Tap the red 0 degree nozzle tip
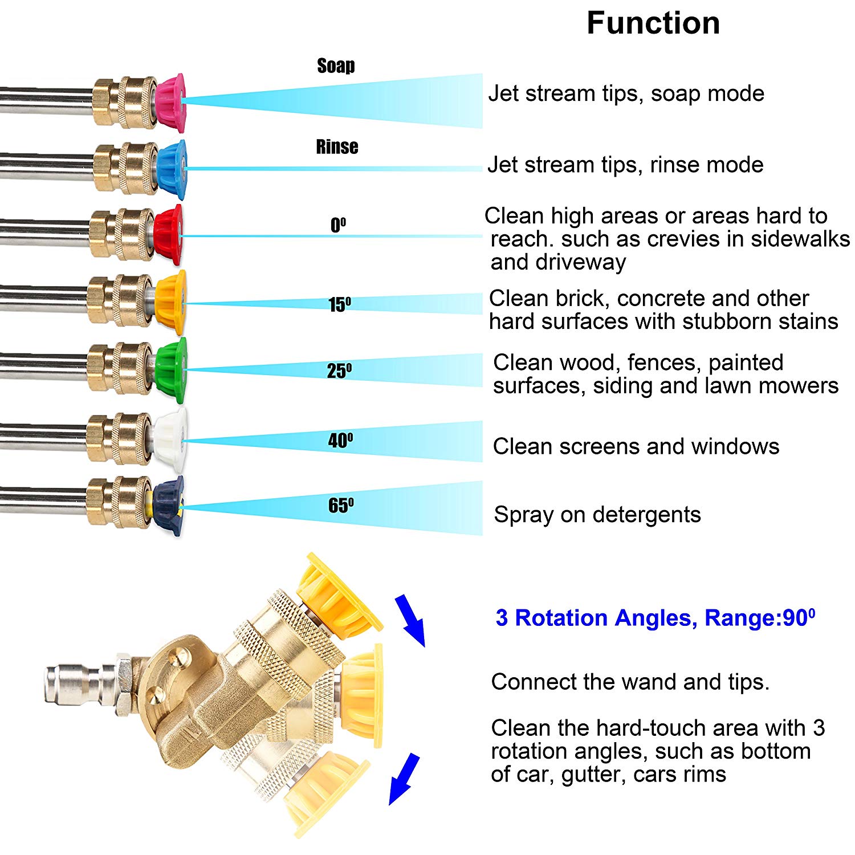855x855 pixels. click(169, 235)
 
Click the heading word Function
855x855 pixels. click(653, 24)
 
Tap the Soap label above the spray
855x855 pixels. click(336, 66)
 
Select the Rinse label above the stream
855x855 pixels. click(337, 147)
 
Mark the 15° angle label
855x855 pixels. click(340, 304)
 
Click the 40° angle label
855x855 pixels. click(341, 440)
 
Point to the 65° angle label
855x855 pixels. click(341, 505)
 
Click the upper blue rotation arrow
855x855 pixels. click(410, 620)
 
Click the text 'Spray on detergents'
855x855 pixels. click(597, 515)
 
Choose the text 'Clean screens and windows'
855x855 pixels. click(636, 446)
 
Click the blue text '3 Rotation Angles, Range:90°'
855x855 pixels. click(655, 618)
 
